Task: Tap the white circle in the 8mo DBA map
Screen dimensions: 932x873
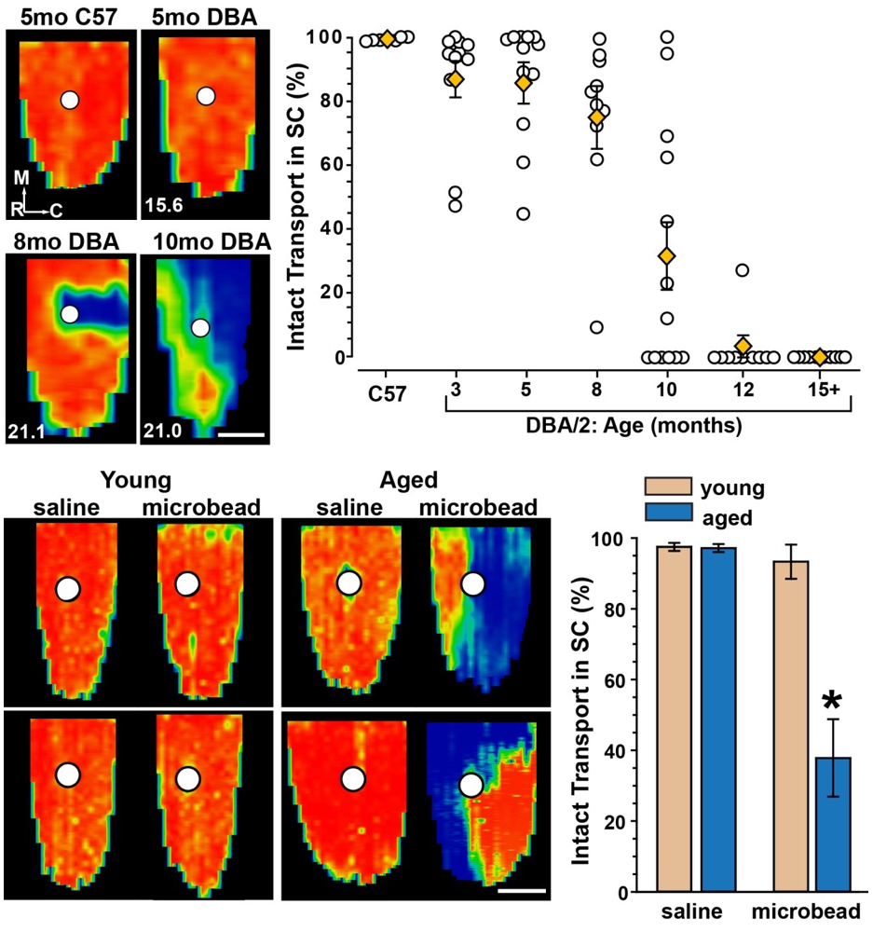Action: [69, 314]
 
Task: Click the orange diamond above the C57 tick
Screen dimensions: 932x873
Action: [388, 39]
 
